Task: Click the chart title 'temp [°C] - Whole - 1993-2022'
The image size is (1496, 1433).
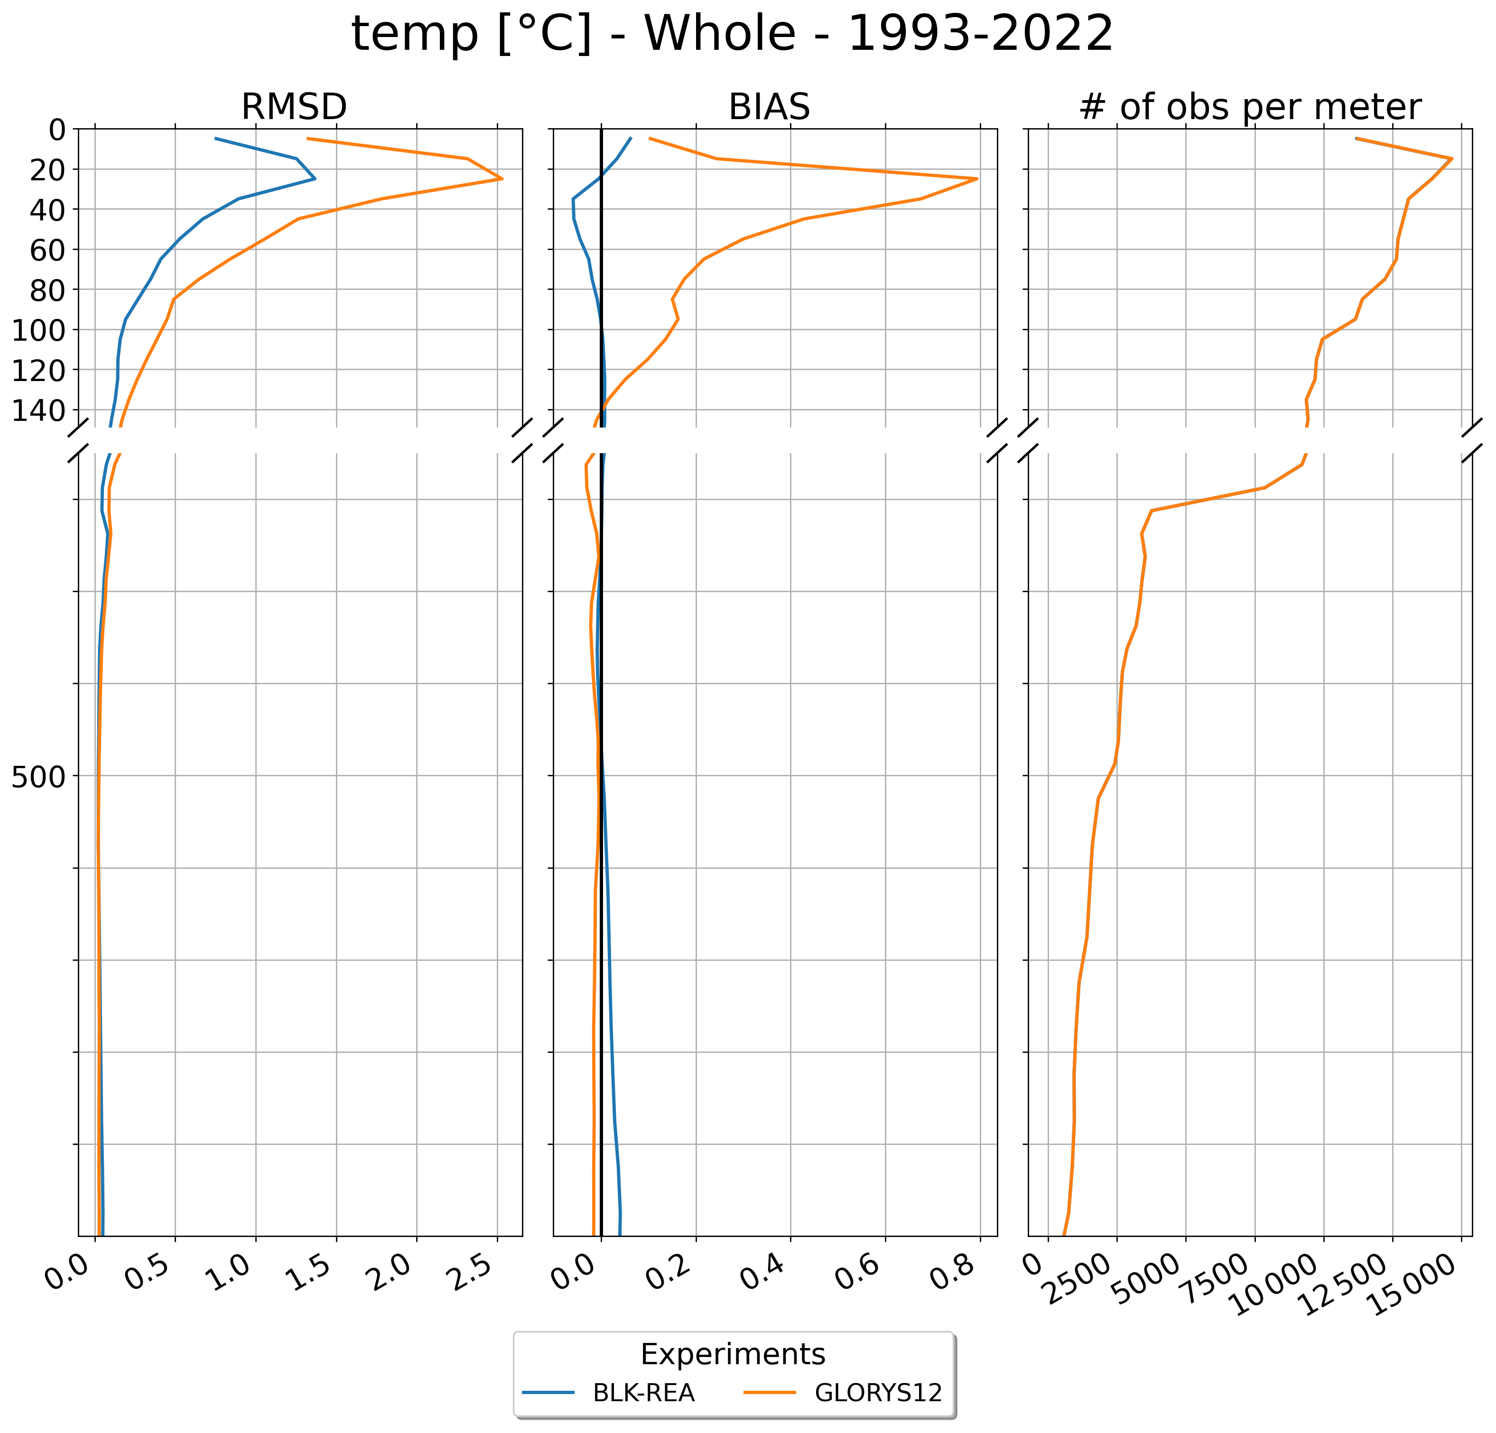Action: click(732, 34)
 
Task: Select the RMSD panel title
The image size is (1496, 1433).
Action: click(294, 107)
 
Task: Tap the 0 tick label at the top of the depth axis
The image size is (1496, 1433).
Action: click(57, 130)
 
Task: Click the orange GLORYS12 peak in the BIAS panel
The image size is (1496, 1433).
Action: click(977, 178)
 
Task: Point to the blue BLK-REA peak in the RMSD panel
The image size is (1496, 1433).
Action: click(315, 178)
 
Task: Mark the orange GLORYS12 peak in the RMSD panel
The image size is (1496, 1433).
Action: click(502, 178)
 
